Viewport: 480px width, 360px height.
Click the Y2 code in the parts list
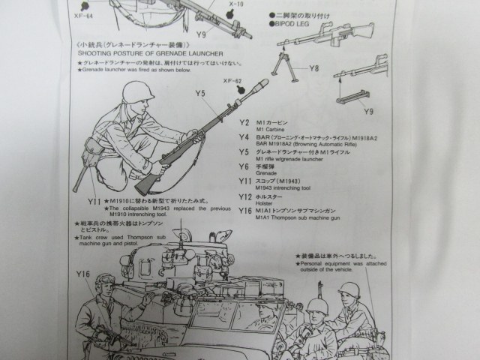[243, 121]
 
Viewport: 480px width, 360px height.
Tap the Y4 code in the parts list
[243, 137]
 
